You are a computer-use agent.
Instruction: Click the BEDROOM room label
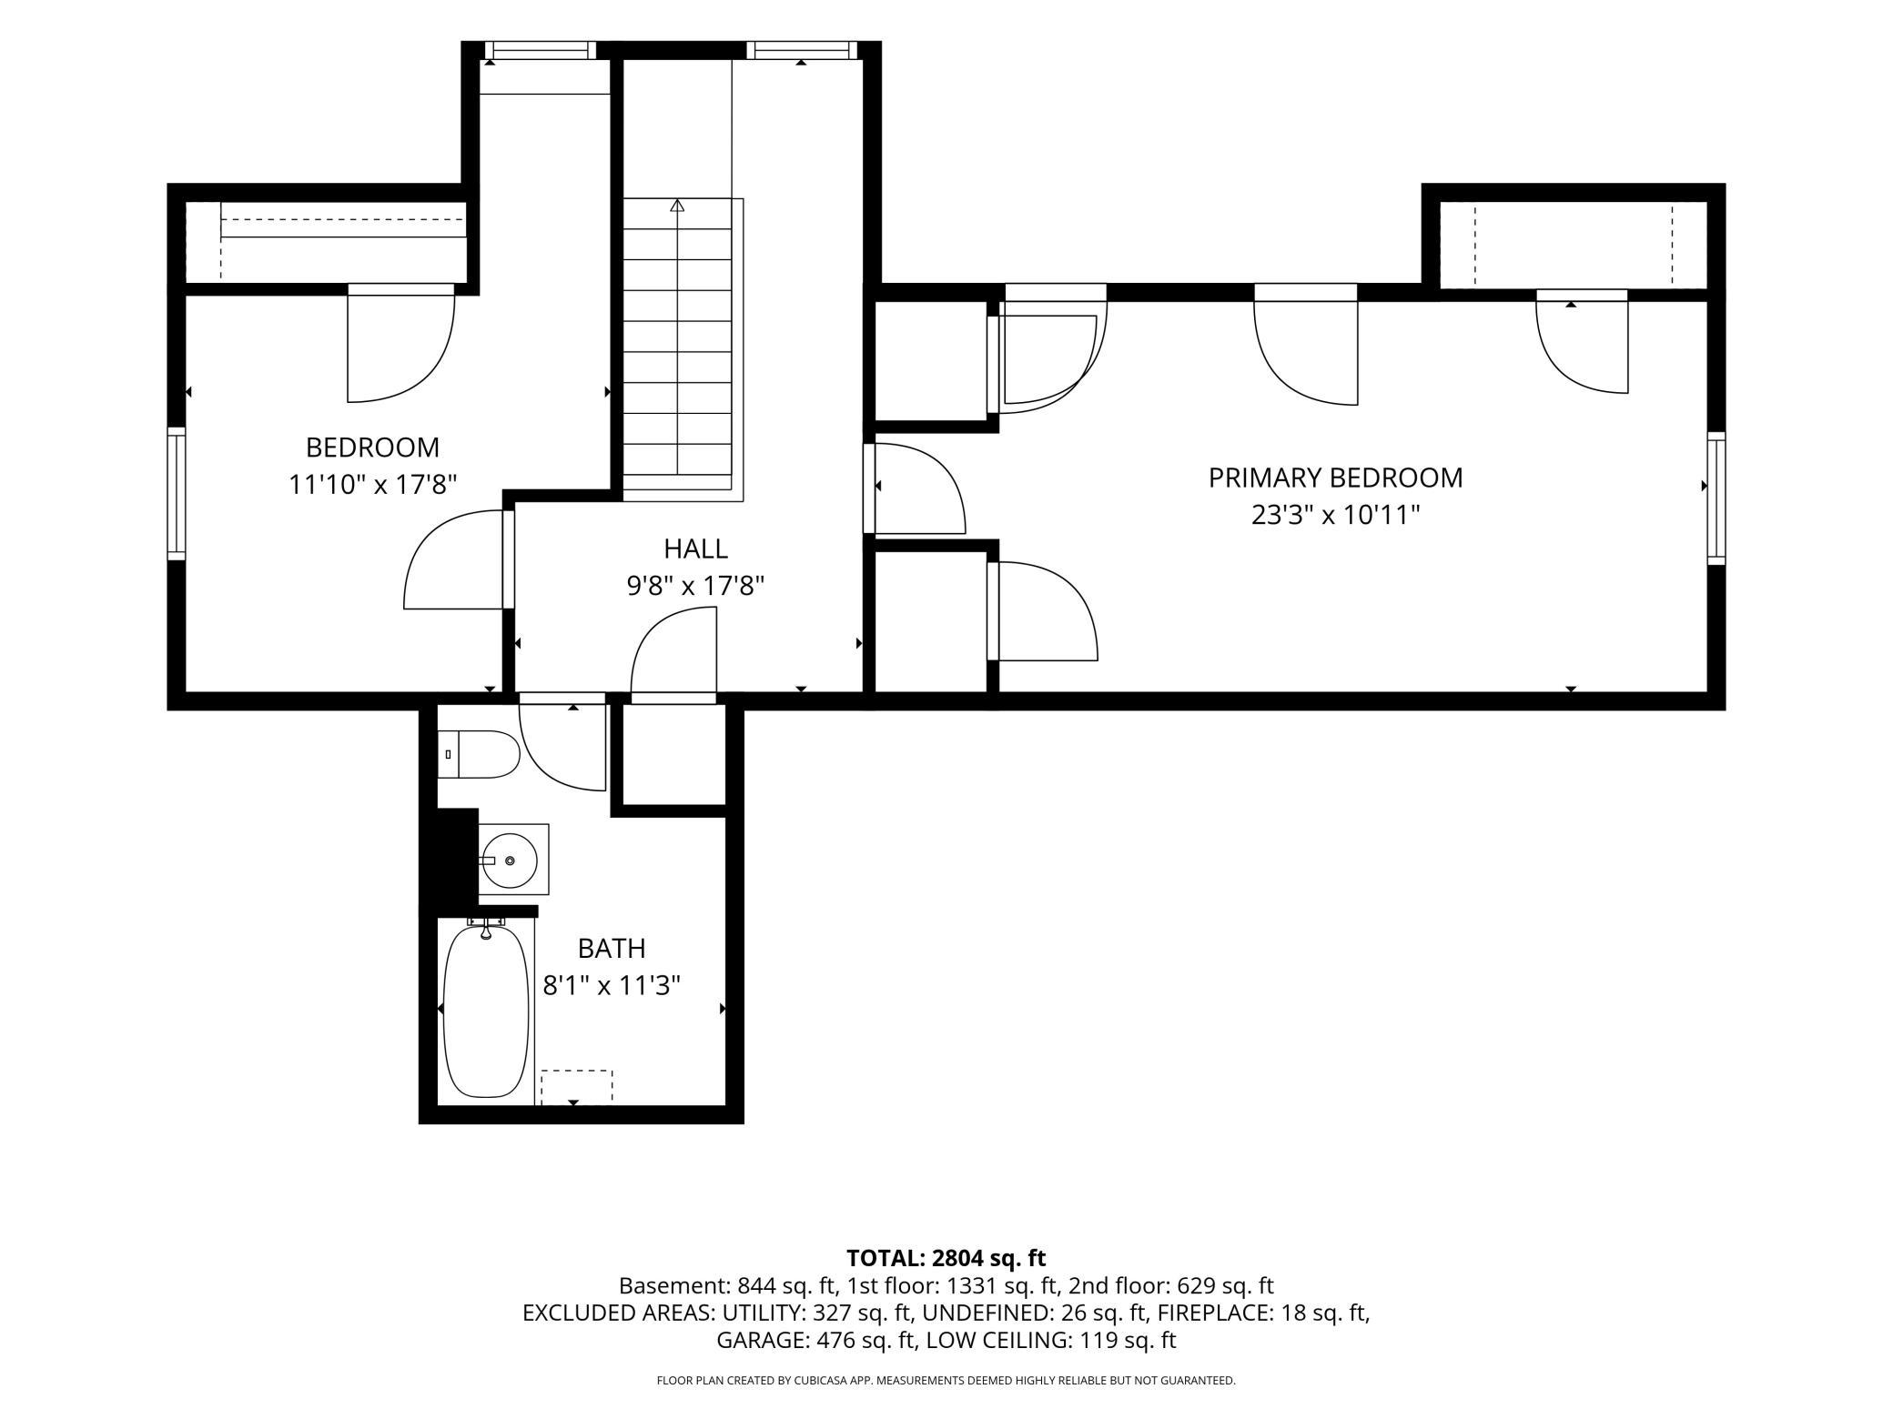[372, 448]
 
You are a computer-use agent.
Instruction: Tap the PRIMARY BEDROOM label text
[1335, 478]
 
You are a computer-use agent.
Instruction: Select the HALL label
[695, 548]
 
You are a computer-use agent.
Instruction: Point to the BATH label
[612, 949]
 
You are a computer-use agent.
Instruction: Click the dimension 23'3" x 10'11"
[1335, 516]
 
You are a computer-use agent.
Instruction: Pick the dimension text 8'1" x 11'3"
[612, 985]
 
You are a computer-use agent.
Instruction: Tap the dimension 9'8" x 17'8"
[695, 586]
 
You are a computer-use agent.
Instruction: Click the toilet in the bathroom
[479, 754]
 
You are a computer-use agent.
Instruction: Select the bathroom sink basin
[509, 860]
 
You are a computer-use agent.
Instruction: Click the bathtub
[486, 1011]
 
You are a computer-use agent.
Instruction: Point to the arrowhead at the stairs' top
[677, 206]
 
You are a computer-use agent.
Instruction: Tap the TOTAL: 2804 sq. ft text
[946, 1258]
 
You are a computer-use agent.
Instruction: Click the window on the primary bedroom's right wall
[1716, 498]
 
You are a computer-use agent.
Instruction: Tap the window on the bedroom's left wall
[177, 493]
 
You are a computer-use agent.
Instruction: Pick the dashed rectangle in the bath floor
[577, 1086]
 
